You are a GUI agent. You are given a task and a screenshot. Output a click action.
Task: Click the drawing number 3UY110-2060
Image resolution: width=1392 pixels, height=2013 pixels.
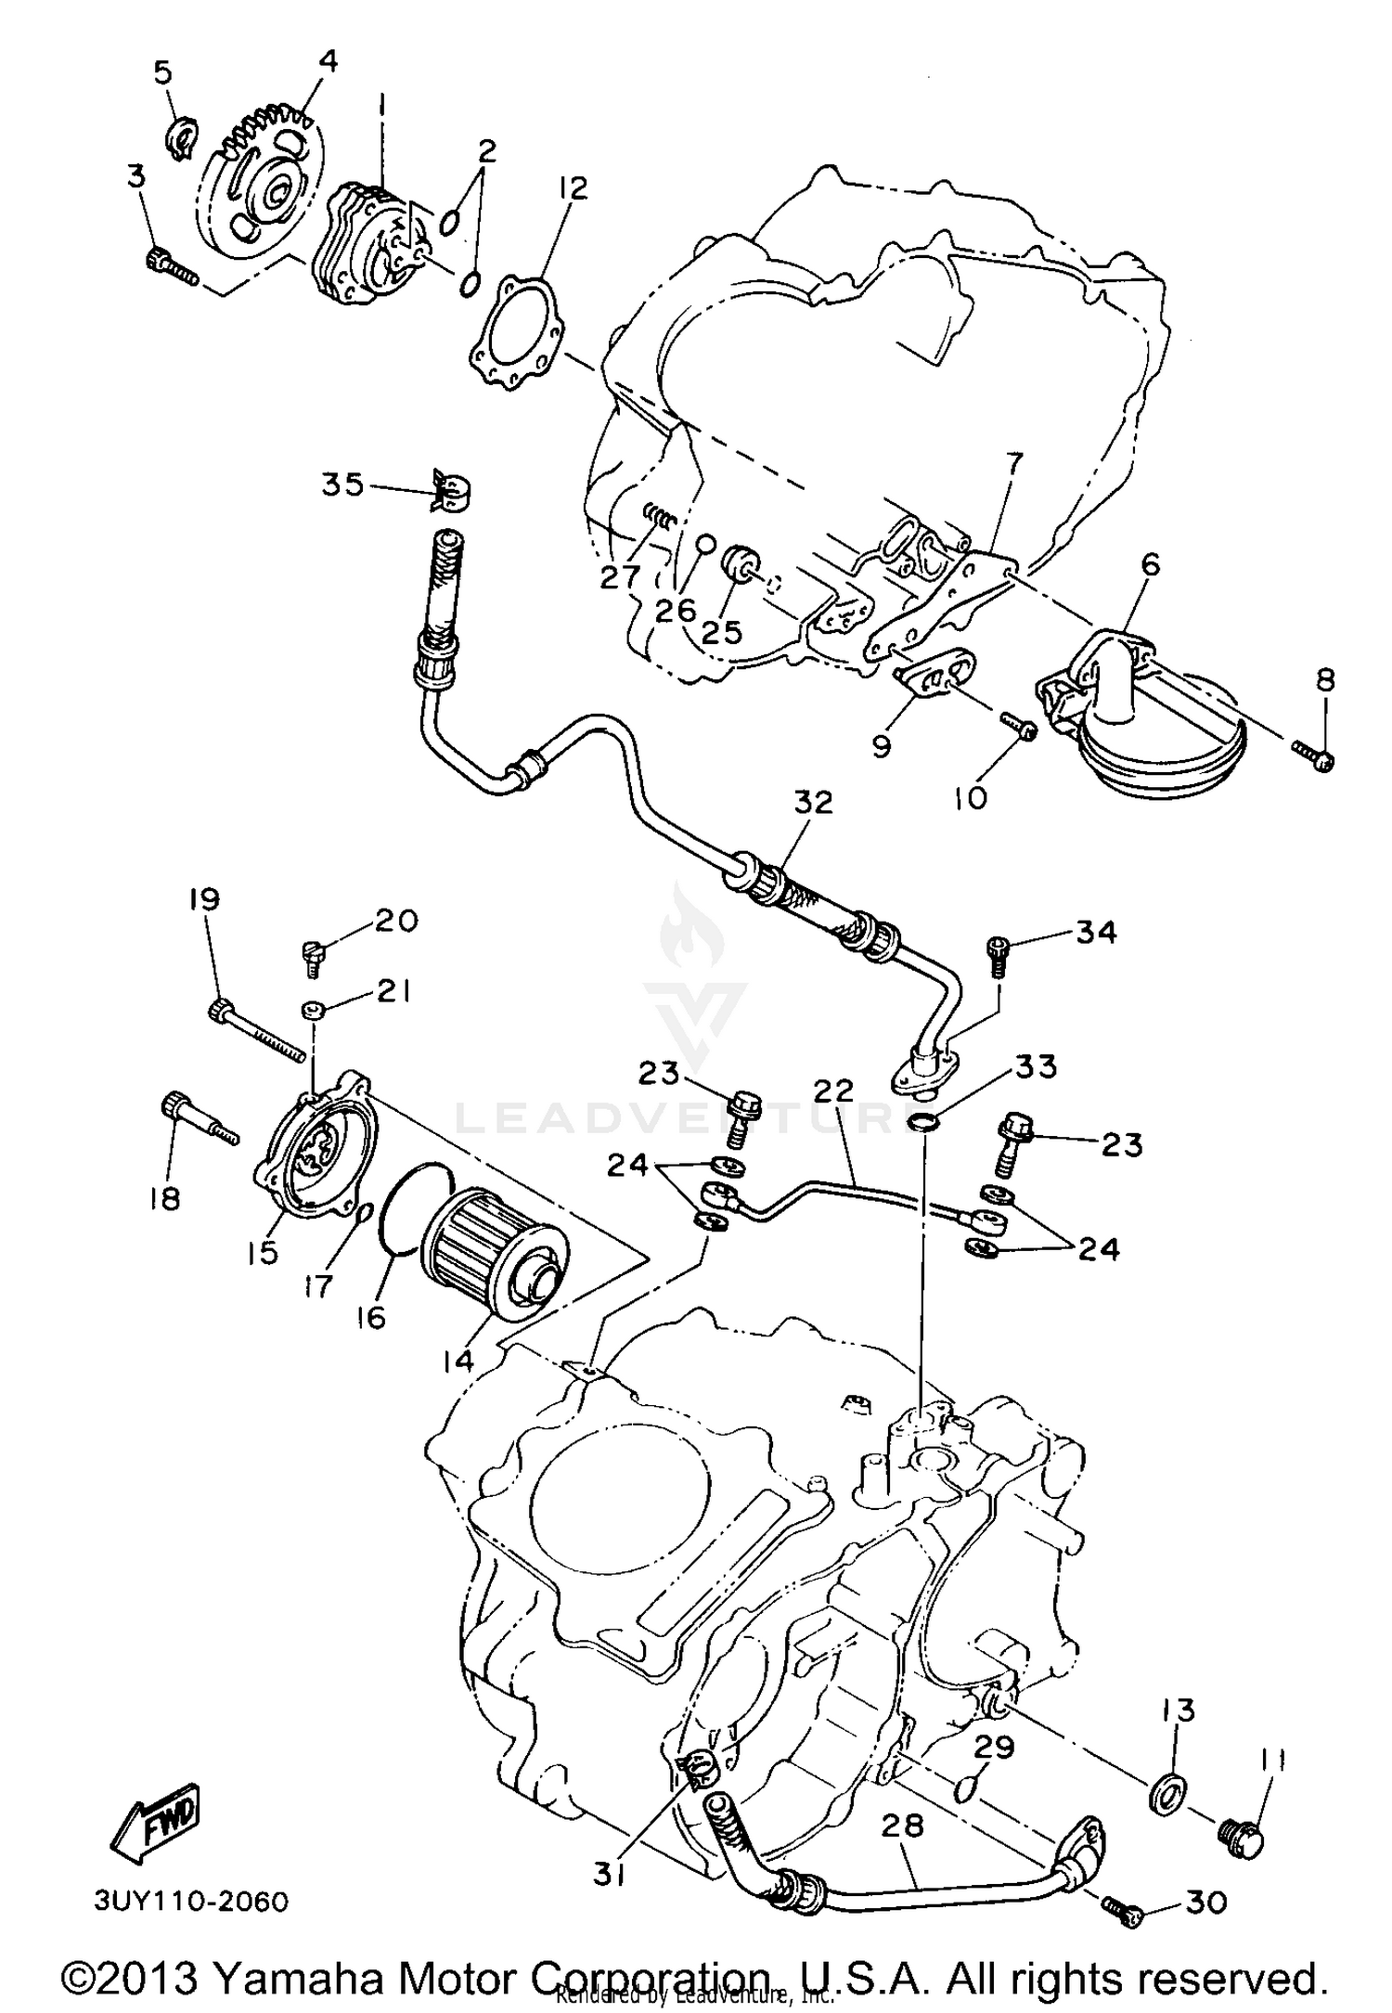191,1902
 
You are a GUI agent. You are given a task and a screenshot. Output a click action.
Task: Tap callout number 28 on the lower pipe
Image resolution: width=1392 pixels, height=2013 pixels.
902,1826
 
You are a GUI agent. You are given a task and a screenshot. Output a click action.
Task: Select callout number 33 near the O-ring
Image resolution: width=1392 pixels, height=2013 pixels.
1035,1067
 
